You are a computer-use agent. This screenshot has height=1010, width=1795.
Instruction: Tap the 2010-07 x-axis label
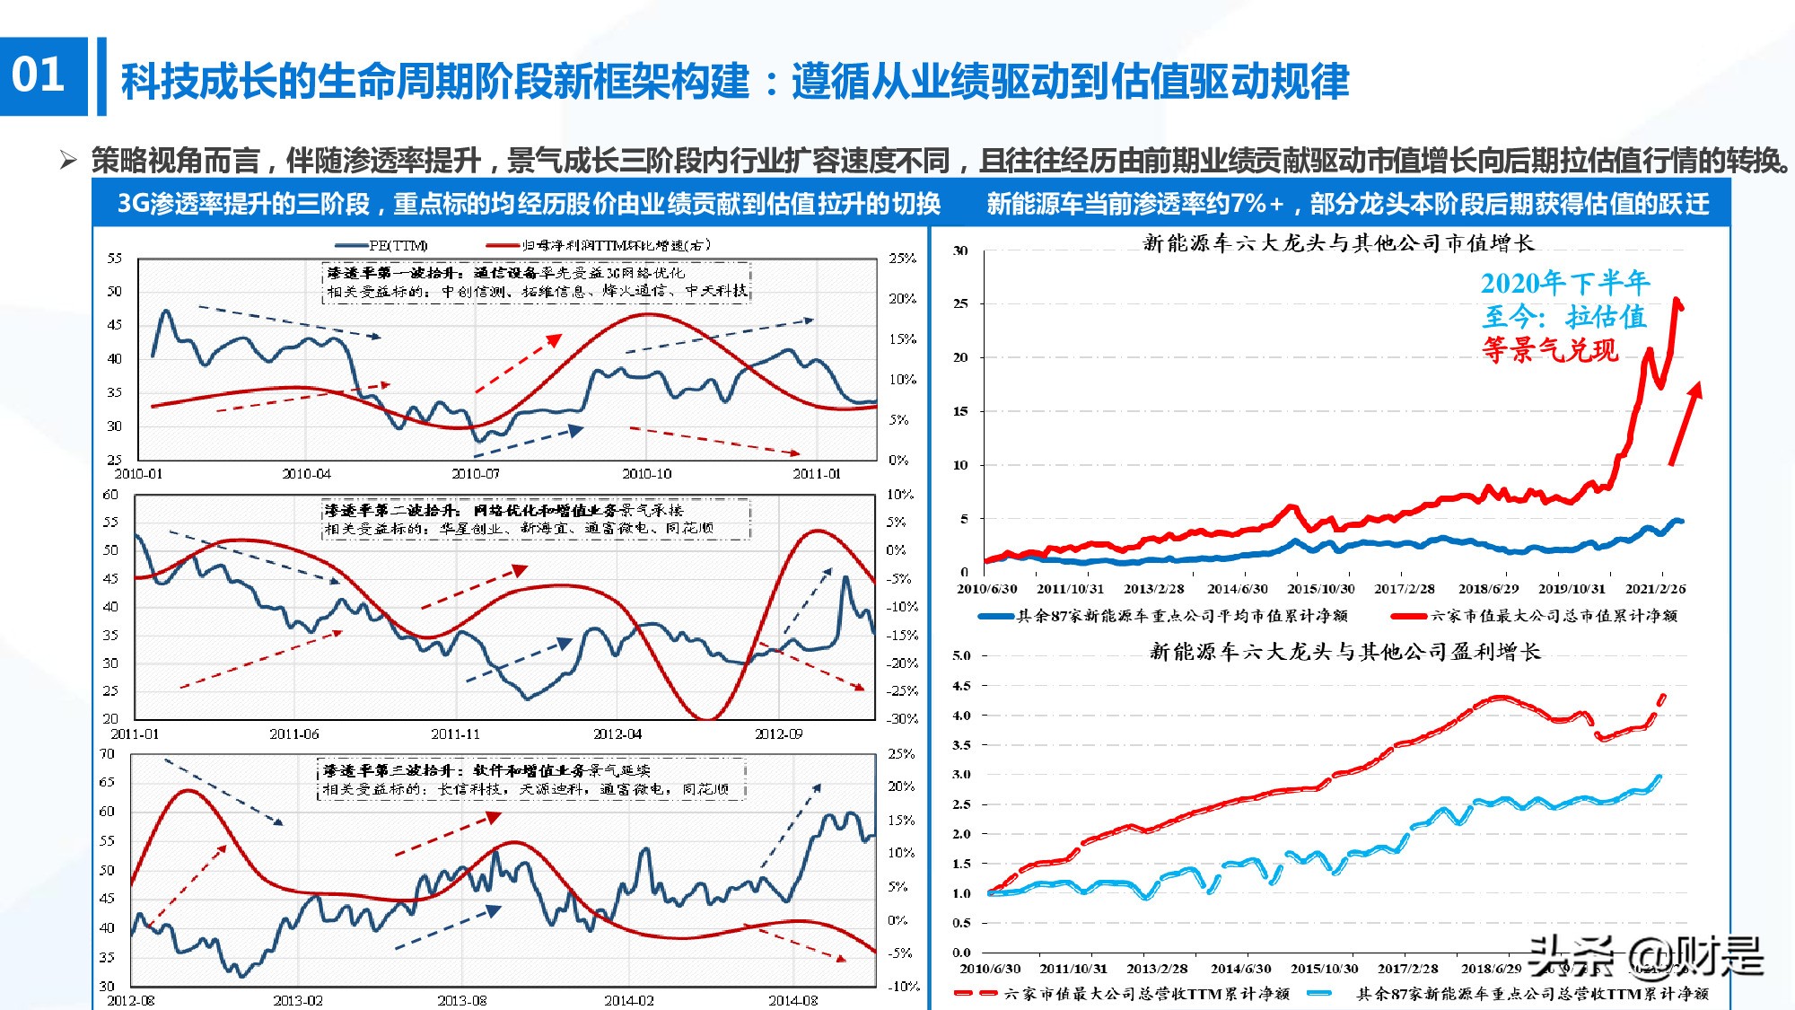click(475, 473)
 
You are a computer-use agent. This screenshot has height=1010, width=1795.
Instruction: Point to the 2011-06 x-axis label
click(293, 733)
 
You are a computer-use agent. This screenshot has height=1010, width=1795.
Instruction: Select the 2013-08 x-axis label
click(461, 1000)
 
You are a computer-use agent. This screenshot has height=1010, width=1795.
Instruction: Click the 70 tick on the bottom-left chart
click(107, 754)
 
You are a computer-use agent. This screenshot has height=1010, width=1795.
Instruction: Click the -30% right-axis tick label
click(902, 719)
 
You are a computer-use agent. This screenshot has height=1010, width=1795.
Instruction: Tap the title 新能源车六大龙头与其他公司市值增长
click(1338, 242)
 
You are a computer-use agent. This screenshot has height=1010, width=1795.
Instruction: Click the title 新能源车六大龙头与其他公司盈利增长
click(1344, 652)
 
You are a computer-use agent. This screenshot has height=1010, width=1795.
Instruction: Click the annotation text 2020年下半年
click(1564, 283)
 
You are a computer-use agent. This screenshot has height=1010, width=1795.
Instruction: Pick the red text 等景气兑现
click(1550, 350)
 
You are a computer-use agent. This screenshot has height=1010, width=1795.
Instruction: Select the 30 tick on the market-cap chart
click(960, 250)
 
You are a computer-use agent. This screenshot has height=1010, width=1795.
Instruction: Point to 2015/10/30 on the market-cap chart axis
click(1320, 589)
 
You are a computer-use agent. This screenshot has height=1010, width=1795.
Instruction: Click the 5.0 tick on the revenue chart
click(961, 655)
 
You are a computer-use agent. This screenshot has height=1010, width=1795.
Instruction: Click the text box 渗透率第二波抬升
click(536, 520)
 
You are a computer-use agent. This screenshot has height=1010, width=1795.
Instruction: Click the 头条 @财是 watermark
click(1645, 956)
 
